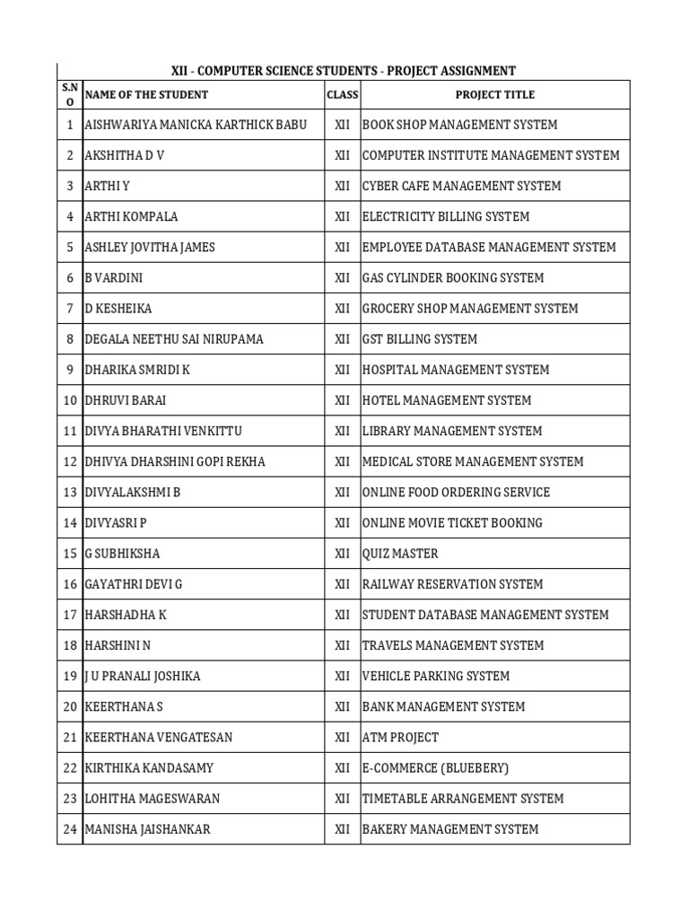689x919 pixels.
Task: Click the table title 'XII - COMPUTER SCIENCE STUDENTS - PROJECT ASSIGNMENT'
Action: tap(344, 70)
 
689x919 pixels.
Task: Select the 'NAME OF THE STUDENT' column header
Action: tap(146, 94)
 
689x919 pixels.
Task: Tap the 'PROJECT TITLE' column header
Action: tap(494, 94)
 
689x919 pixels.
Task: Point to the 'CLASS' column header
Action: tap(342, 94)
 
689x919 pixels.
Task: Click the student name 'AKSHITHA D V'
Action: tap(125, 155)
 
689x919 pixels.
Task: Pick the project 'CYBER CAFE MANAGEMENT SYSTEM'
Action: tap(461, 186)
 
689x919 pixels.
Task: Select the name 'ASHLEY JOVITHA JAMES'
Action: tap(150, 247)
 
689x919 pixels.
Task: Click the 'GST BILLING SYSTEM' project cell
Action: tap(420, 339)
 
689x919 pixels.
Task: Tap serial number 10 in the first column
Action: tap(69, 400)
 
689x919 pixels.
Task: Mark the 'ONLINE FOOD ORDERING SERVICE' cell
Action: tap(456, 492)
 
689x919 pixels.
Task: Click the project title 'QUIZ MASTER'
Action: tap(400, 554)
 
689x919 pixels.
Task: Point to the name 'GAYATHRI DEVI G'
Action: tap(133, 584)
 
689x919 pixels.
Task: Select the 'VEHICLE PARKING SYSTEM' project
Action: tap(435, 676)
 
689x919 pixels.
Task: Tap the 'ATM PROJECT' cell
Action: tap(400, 737)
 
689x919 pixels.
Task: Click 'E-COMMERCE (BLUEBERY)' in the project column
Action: tap(435, 768)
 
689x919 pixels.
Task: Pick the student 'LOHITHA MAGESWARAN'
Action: tap(152, 799)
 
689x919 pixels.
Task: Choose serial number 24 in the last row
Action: tap(69, 829)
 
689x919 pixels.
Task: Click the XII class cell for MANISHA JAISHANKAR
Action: tap(342, 829)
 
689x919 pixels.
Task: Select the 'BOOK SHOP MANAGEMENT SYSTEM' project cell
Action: tap(459, 125)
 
